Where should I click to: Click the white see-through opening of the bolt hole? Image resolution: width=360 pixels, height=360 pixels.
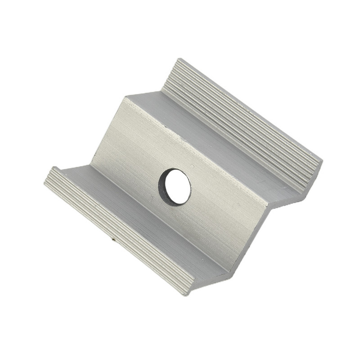[x=178, y=188]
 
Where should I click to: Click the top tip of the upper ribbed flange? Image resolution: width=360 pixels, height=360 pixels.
[x=179, y=59]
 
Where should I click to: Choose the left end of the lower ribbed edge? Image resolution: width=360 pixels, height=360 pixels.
[x=45, y=180]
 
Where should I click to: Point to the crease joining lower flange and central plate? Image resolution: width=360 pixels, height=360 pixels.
[x=162, y=216]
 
